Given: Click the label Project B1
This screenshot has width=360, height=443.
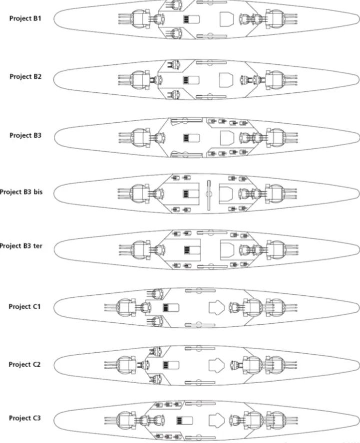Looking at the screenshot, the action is pos(25,18).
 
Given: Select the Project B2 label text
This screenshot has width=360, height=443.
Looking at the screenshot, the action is pos(25,76).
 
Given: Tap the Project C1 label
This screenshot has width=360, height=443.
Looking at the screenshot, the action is pos(24,306).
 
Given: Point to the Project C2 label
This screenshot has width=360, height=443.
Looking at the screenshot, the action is pos(24,365).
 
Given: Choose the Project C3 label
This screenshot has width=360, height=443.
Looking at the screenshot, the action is pos(25,418).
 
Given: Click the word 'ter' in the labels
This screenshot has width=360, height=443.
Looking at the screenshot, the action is pos(37,246).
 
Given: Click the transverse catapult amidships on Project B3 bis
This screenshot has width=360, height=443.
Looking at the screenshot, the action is pos(209,195).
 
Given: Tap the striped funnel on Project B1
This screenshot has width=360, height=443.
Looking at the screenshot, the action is pos(191,19).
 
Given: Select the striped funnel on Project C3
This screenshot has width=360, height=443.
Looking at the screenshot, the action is pos(185,421).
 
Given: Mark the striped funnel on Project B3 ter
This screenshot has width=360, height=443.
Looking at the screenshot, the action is pos(192,250).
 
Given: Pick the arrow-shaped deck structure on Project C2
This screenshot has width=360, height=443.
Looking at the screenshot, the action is pos(217,365).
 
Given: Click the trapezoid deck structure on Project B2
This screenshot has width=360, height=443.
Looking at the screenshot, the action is pos(226,80).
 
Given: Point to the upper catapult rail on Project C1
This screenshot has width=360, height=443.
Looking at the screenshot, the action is pos(200,290).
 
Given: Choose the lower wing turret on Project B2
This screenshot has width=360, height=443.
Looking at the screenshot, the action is pos(173,94).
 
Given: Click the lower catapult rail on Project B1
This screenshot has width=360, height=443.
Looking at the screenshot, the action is pos(212,36).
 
